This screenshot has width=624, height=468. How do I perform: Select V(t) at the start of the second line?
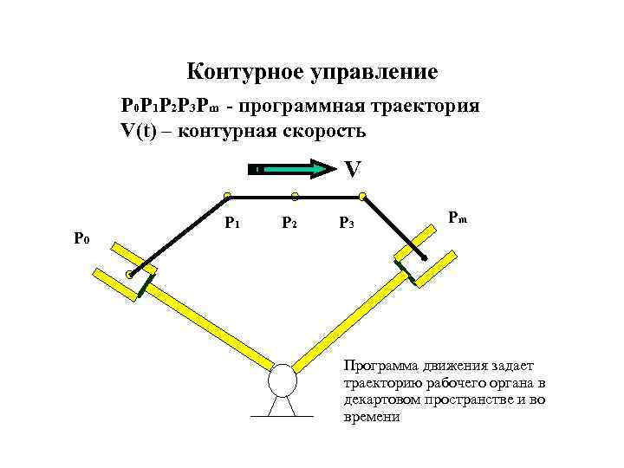coord(140,131)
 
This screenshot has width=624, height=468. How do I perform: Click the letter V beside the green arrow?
coord(351,169)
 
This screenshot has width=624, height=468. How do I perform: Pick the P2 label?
coord(290,224)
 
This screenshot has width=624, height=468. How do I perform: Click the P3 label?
coord(346,224)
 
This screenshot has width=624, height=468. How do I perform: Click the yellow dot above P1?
coord(226,197)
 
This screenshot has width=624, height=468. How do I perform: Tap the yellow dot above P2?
coord(295,197)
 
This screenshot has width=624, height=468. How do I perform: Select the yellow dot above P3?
coord(362,197)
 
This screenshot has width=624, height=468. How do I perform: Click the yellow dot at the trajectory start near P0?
coord(129,276)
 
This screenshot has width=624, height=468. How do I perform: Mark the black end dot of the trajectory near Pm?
coord(424,258)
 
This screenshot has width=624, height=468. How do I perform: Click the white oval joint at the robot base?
coord(282,380)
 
